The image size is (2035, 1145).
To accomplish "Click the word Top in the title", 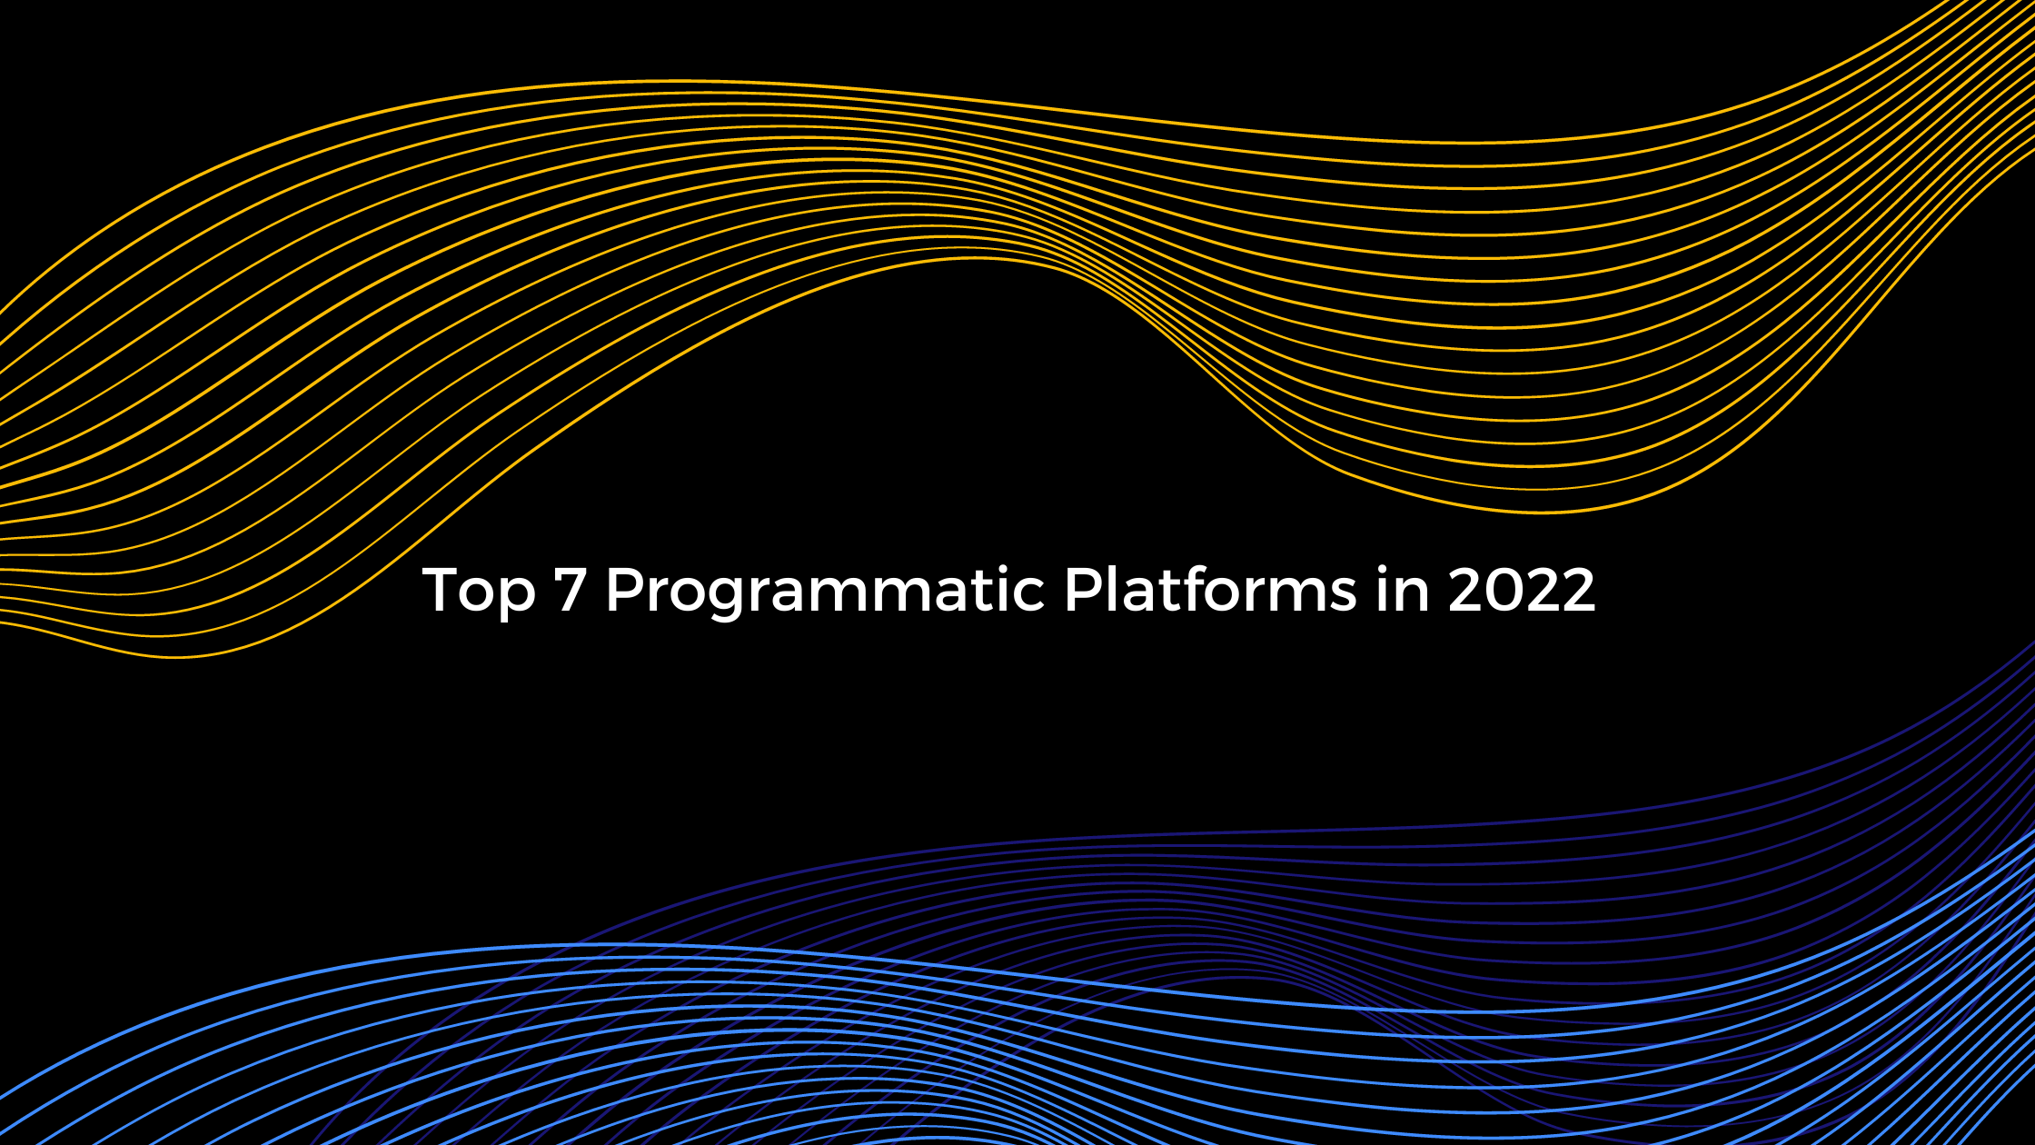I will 479,591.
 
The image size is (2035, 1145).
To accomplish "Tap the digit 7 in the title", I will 570,590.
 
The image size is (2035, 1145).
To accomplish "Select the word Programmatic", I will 825,591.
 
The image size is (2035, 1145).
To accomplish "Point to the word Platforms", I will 1209,591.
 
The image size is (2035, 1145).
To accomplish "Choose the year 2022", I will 1521,590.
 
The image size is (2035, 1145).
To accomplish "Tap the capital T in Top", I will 442,590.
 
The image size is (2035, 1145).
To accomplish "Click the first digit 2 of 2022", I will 1465,590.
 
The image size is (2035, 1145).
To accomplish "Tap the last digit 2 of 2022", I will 1578,590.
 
